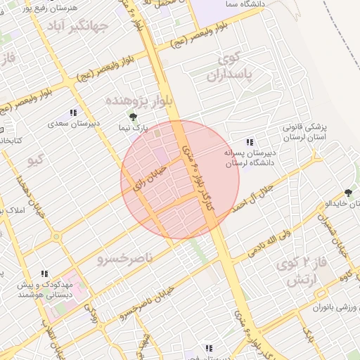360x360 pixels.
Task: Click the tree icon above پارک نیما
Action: click(x=133, y=117)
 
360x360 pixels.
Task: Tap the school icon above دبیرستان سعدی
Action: click(x=72, y=112)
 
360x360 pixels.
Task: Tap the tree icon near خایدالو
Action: click(x=348, y=193)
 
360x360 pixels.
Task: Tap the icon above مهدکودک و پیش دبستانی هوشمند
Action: click(x=44, y=274)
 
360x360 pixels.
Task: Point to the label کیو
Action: click(x=35, y=160)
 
